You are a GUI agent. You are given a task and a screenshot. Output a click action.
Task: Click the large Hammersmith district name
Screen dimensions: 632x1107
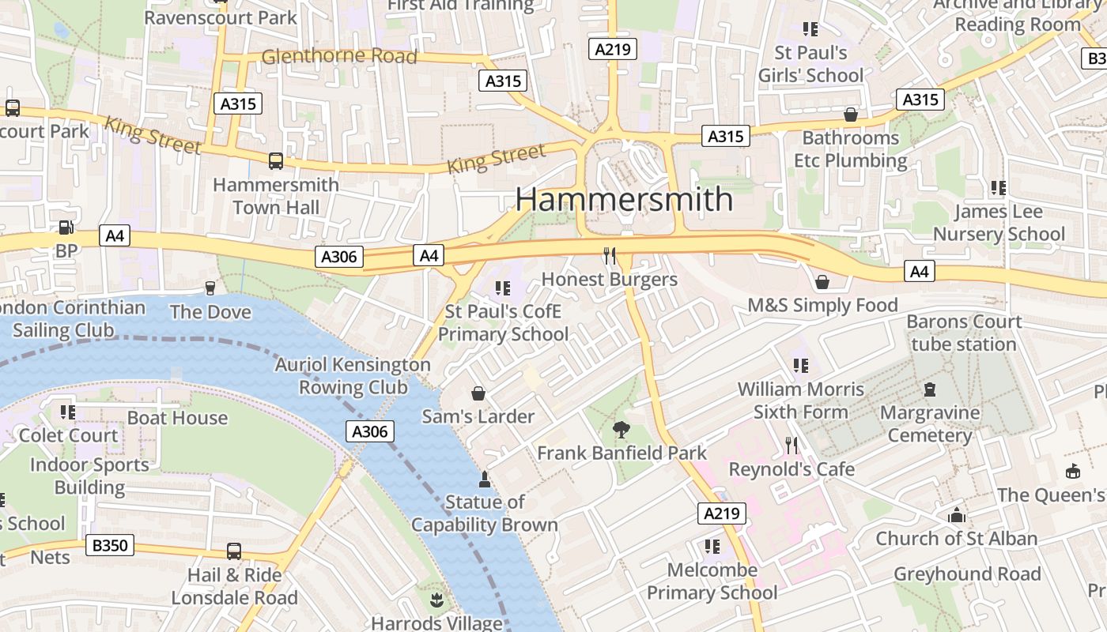coord(625,199)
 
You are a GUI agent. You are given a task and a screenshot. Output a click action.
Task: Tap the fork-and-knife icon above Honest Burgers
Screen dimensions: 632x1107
coord(610,255)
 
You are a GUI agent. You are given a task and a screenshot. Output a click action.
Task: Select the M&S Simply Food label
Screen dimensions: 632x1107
coord(822,305)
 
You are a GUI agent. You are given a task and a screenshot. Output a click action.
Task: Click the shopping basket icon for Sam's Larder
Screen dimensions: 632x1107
coord(478,393)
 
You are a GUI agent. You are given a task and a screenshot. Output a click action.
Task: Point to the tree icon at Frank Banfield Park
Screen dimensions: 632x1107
coord(622,430)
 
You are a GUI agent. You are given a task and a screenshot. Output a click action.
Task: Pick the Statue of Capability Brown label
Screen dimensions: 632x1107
coord(485,513)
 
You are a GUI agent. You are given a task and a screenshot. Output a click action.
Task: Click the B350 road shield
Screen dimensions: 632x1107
coord(111,545)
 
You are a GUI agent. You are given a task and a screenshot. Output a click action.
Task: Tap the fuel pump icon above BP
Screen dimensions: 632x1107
coord(66,228)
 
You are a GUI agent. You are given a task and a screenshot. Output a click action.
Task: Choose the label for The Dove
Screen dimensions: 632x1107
coord(210,312)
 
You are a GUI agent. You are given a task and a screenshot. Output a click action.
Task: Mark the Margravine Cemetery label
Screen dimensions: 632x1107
coord(930,424)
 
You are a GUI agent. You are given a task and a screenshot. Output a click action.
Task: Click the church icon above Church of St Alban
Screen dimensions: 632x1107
coord(957,516)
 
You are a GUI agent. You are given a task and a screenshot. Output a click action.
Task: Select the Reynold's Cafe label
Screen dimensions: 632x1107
coord(792,469)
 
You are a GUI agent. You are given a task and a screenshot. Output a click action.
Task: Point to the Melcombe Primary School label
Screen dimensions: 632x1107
coord(712,581)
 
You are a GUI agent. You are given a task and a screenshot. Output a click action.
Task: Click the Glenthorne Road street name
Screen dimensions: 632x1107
coord(338,56)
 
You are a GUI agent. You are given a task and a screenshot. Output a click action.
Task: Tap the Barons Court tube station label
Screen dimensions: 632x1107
coord(964,333)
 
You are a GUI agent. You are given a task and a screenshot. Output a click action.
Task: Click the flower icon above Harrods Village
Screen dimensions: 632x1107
coord(436,601)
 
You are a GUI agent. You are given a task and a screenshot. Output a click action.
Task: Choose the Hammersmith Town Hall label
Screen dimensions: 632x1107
coord(276,196)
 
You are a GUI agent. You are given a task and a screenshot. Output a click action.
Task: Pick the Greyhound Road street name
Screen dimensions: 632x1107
coord(967,574)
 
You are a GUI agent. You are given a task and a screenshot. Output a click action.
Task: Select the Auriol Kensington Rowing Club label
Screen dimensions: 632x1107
coord(353,376)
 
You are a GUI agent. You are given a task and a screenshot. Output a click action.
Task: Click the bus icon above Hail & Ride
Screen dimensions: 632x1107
coord(234,551)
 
